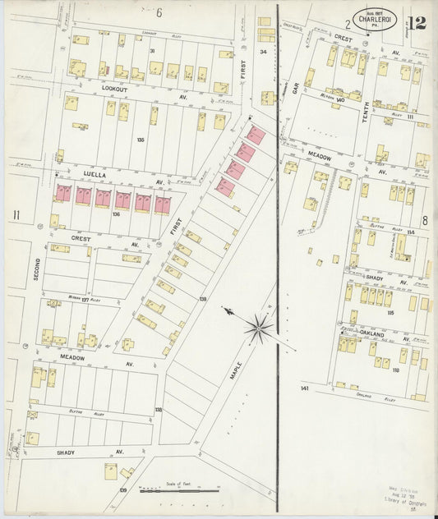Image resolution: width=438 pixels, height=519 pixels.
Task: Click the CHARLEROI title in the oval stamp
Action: point(379,18)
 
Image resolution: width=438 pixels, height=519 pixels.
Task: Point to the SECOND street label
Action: point(36,269)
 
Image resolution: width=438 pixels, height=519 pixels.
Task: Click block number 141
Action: point(305,387)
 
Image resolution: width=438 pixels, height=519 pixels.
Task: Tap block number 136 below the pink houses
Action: point(117,215)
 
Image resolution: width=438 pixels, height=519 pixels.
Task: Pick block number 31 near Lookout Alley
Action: point(152,51)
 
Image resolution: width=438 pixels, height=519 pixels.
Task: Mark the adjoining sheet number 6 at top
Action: point(159,11)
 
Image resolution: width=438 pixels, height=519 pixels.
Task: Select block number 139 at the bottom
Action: point(123,490)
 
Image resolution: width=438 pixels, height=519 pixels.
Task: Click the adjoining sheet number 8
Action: point(425,220)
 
